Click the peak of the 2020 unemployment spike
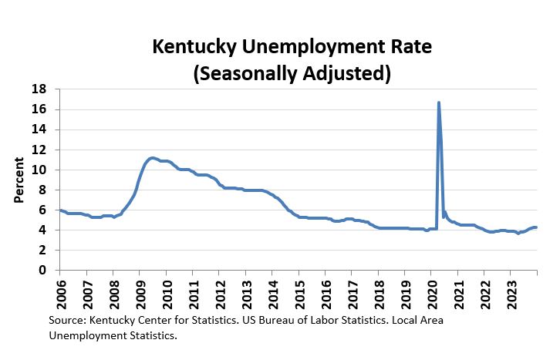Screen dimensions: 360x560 (438, 103)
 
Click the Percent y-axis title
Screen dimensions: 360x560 (19, 180)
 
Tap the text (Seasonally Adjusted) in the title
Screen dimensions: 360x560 (292, 74)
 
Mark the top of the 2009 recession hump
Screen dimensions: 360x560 (152, 158)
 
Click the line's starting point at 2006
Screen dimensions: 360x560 (59, 210)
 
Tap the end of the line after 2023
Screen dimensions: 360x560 (536, 227)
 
